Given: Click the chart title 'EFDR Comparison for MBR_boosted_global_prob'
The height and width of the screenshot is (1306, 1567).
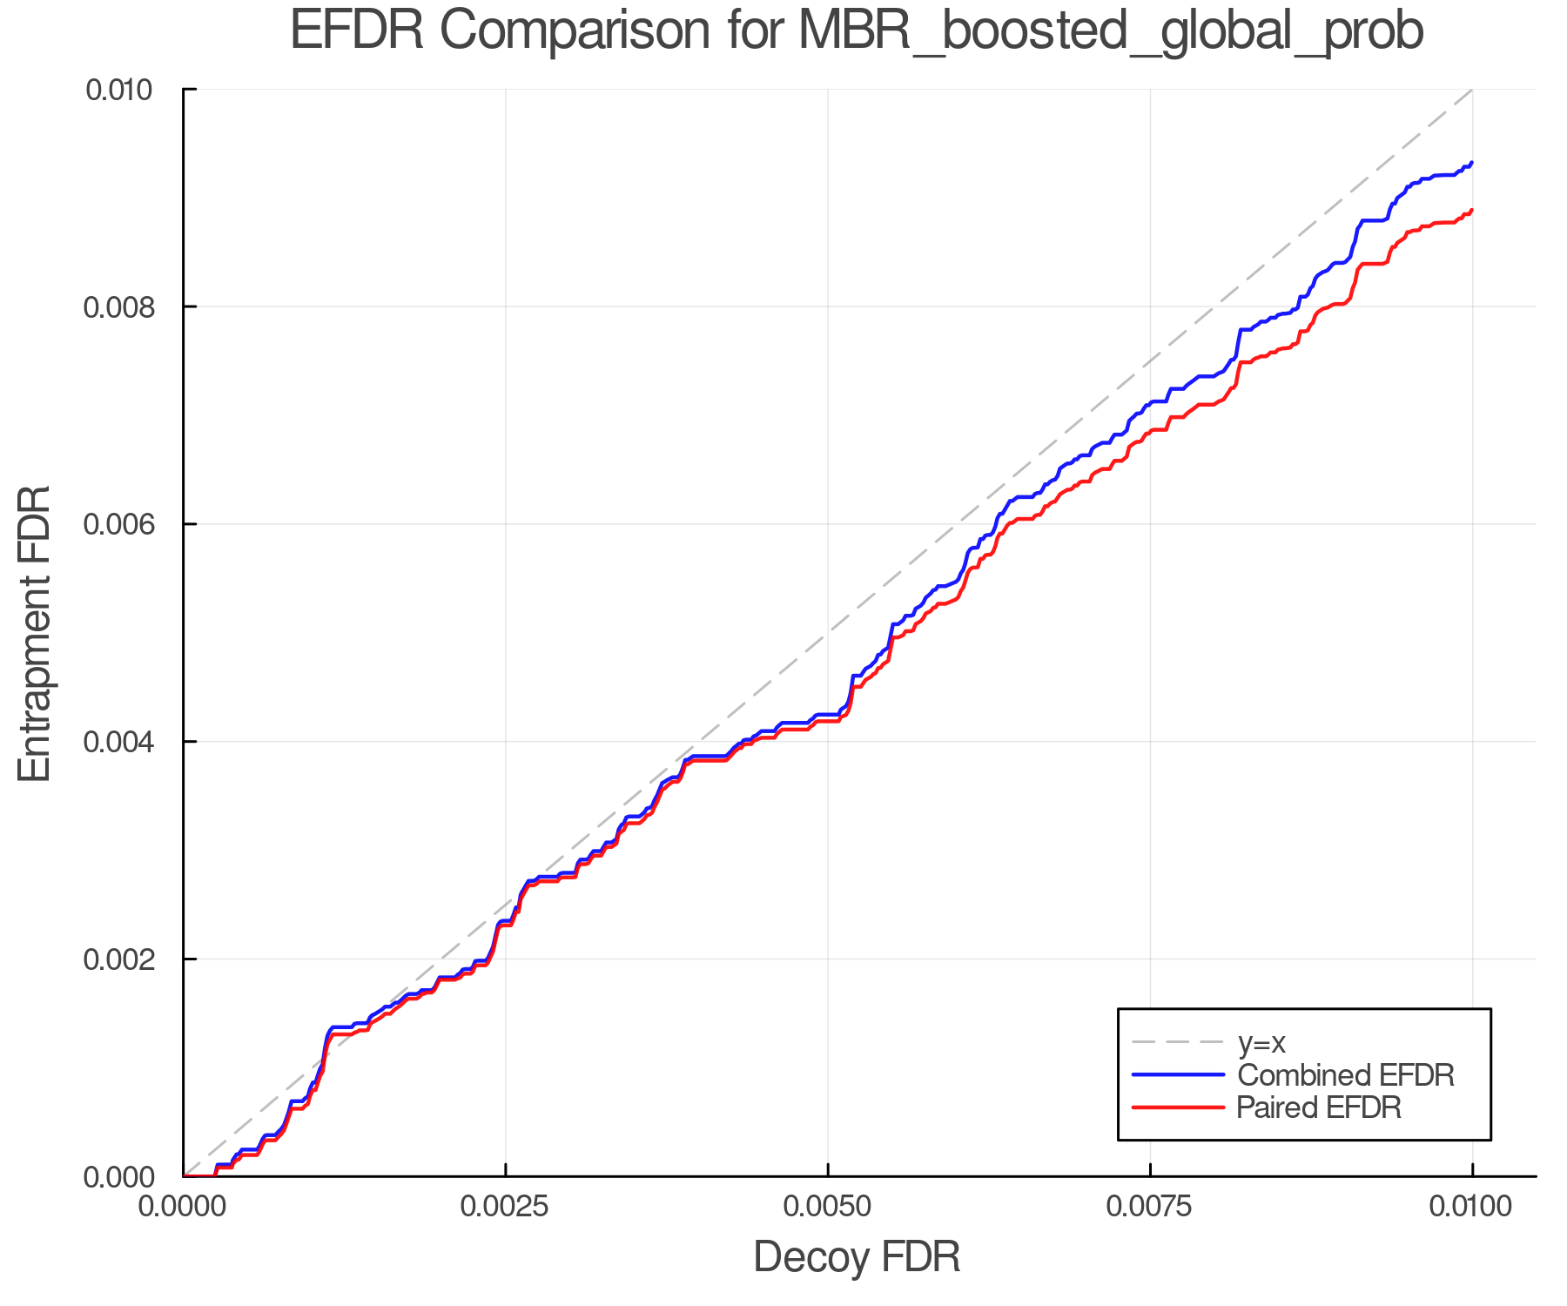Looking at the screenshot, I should tap(857, 31).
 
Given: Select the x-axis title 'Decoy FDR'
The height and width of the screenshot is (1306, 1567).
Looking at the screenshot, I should tap(857, 1257).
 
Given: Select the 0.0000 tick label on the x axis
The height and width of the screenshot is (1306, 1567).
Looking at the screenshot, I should tap(183, 1207).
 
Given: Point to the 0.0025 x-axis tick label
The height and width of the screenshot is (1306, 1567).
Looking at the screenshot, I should tap(506, 1207).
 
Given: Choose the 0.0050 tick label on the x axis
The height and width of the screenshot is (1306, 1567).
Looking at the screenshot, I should tap(828, 1207).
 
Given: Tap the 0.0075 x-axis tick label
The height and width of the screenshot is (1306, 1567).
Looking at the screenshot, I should tap(1150, 1207).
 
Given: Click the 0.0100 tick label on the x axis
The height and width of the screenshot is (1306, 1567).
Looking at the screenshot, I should tap(1472, 1207).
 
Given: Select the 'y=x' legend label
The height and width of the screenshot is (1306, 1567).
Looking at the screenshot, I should tap(1261, 1043).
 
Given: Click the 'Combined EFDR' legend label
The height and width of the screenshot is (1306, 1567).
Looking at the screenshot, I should tap(1345, 1075).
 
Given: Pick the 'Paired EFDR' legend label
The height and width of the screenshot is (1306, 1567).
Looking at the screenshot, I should tap(1319, 1107).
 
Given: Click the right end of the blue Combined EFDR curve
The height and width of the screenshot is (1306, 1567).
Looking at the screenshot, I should tap(1471, 163).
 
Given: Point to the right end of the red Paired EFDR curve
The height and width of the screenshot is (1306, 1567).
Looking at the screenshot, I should tap(1471, 210).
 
